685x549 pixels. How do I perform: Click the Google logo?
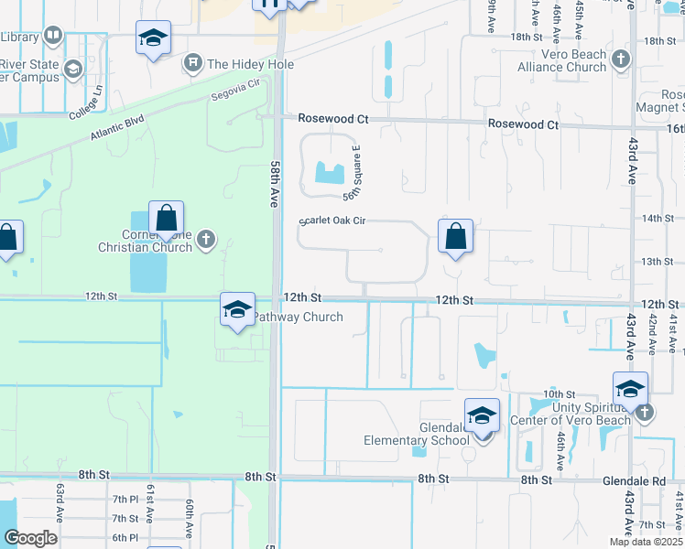click(29, 538)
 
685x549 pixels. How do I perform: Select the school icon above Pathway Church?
click(236, 309)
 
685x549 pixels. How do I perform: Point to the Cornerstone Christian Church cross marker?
click(207, 240)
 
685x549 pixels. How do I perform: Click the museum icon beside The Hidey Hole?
click(193, 63)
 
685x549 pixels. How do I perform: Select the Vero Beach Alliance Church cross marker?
click(621, 60)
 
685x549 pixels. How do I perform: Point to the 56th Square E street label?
click(352, 173)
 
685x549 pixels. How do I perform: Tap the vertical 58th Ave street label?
click(274, 184)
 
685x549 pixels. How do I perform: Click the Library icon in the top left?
click(51, 37)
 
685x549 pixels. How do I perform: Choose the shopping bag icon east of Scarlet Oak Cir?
click(455, 236)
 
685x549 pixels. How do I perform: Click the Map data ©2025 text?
click(646, 542)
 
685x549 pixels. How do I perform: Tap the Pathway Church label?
click(297, 318)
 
